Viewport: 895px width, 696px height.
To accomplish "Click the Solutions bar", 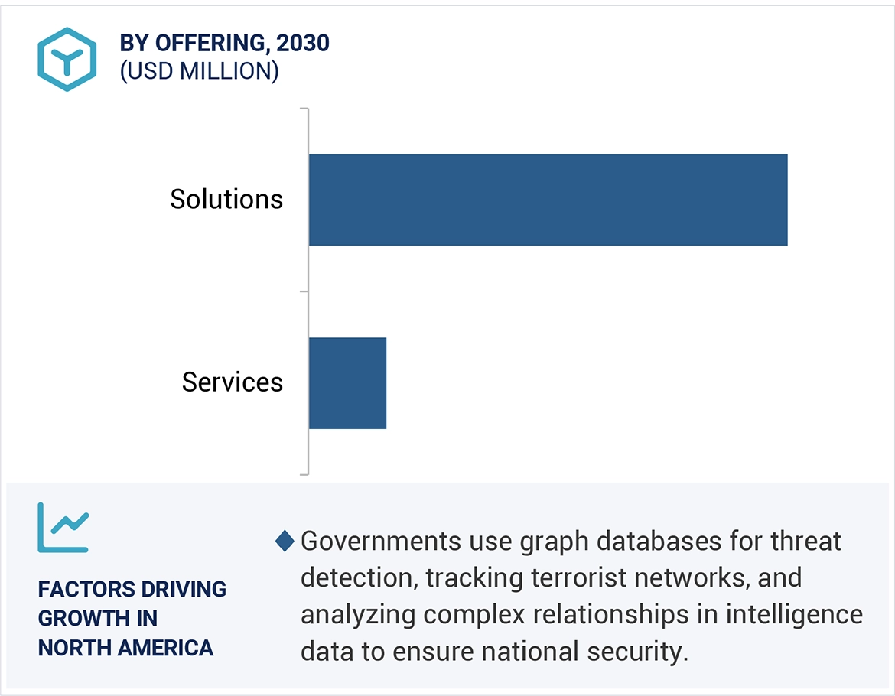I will point(548,200).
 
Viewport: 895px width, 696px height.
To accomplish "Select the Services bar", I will point(347,382).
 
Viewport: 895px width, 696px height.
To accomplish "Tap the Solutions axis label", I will point(226,200).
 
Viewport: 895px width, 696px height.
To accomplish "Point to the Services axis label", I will point(233,382).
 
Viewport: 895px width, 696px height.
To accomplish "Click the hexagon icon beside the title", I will point(67,59).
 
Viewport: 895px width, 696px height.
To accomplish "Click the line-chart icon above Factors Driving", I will point(63,528).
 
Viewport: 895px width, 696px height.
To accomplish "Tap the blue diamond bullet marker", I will point(285,542).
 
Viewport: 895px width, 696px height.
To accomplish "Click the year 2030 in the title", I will point(304,44).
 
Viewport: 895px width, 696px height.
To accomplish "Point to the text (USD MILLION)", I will point(199,71).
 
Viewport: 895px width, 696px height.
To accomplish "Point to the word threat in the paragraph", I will point(805,542).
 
